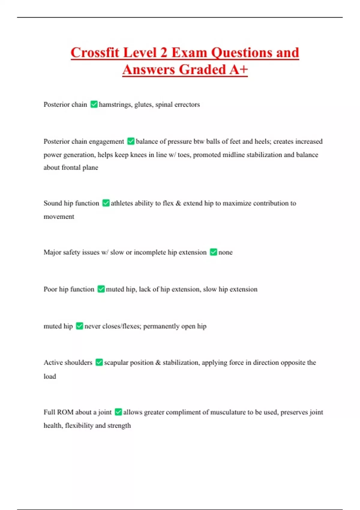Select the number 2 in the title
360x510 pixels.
click(x=163, y=52)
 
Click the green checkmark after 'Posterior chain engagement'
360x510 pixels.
click(x=131, y=141)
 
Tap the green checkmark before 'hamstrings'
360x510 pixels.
click(x=94, y=104)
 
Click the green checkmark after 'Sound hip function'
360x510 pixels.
click(x=106, y=203)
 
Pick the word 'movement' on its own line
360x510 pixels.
click(x=59, y=217)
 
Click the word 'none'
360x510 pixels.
click(x=225, y=252)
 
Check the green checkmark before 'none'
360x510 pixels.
click(x=213, y=252)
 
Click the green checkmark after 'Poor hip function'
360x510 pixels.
click(x=101, y=289)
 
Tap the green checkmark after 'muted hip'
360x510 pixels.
click(x=79, y=326)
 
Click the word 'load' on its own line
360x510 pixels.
click(x=50, y=376)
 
